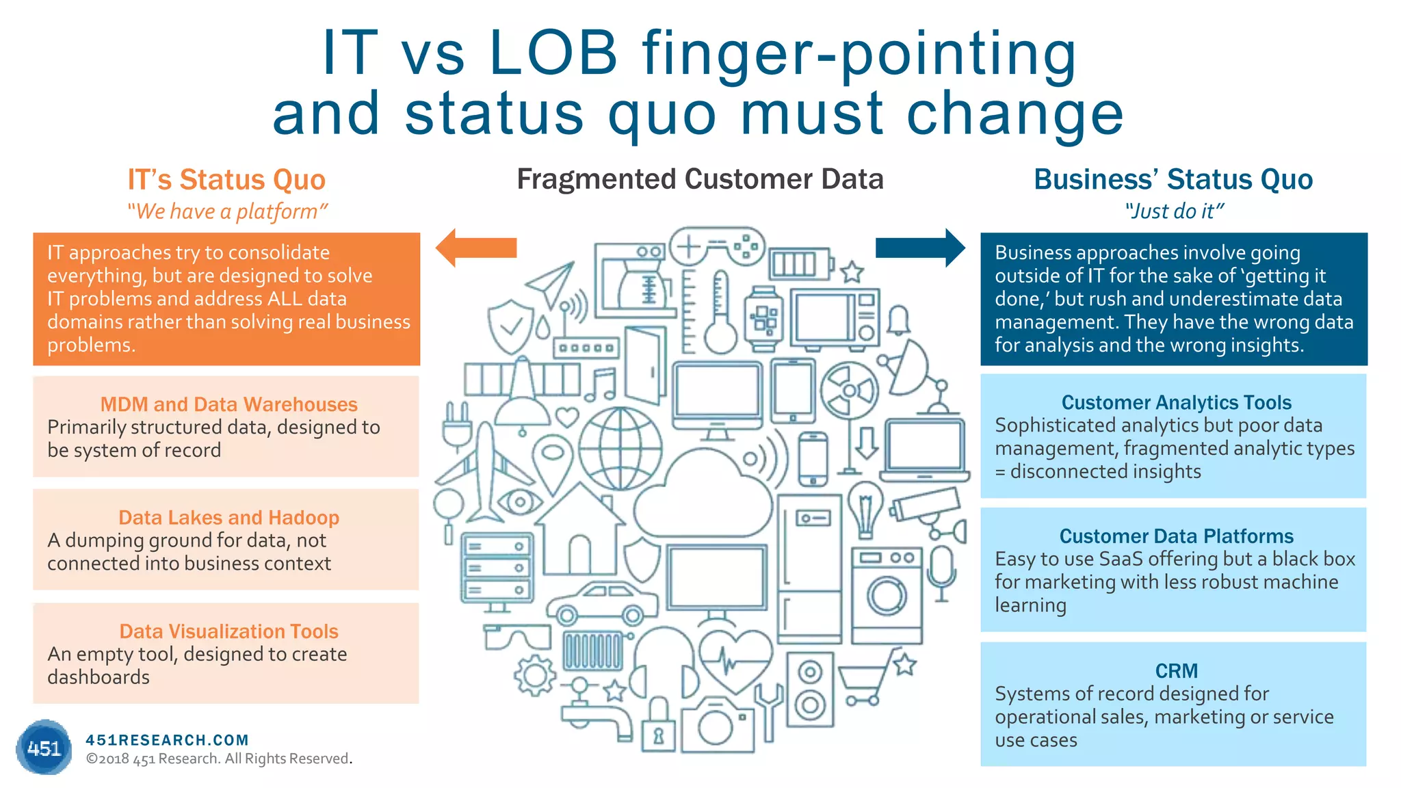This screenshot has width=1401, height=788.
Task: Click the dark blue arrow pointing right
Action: [920, 248]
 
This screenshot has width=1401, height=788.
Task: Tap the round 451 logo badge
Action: [44, 748]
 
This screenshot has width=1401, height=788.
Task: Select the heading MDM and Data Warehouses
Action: [228, 404]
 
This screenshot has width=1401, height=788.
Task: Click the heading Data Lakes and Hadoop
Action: [228, 517]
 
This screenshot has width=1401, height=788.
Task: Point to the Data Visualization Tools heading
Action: [228, 631]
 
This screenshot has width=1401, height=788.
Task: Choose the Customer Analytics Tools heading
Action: [1176, 402]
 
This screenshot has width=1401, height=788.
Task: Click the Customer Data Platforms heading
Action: [1176, 536]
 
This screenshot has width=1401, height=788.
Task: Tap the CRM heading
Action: [1176, 670]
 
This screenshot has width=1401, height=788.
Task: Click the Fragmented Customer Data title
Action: [700, 179]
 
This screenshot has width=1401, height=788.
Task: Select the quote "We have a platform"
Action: [227, 211]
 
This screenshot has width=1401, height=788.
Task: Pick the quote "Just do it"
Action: [1174, 211]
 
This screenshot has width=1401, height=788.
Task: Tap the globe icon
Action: [620, 449]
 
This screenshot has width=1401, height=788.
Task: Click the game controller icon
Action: [717, 247]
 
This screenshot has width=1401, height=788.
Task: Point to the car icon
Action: [602, 602]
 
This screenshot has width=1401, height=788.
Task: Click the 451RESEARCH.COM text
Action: [167, 740]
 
